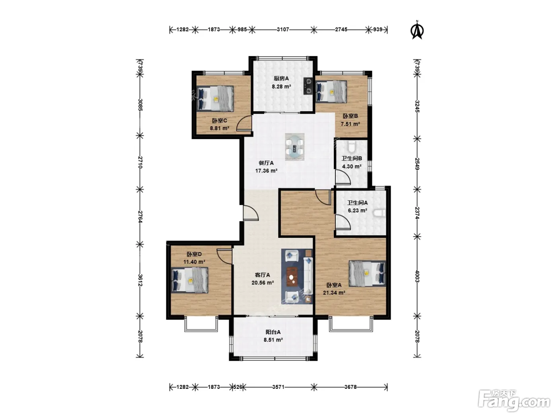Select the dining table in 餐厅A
point(294,147)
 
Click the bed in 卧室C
point(216,99)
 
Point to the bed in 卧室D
point(189,280)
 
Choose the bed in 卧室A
point(367,274)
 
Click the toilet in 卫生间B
point(351,147)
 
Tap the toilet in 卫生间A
point(380,213)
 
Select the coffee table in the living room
point(292,277)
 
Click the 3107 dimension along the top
point(283,30)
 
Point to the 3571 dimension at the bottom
point(278,387)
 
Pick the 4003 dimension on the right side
point(417,276)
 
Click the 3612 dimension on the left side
point(140,280)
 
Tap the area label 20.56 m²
point(263,282)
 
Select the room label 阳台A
point(273,332)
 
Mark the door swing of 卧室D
point(224,257)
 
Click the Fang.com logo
point(514,401)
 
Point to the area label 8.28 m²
point(281,87)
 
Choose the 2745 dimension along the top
point(341,30)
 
